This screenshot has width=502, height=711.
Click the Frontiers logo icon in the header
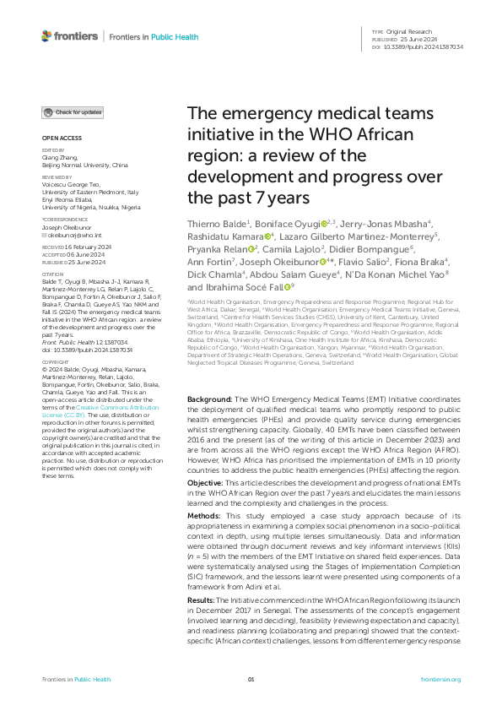pos(46,36)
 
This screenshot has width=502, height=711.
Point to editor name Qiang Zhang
pos(59,158)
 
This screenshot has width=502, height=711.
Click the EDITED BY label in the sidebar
pos(52,150)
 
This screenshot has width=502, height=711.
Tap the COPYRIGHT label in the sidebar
pos(55,386)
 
